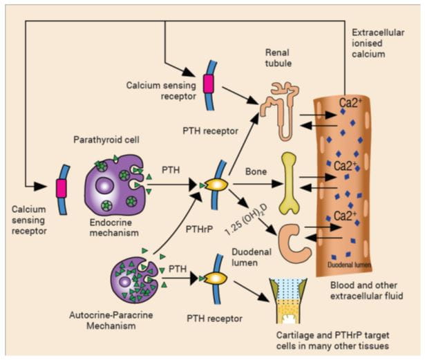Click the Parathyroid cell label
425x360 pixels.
(x=106, y=140)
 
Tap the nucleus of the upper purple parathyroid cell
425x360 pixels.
(x=104, y=186)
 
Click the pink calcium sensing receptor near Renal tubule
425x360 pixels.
(x=209, y=84)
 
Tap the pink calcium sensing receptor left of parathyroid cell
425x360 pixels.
(x=61, y=188)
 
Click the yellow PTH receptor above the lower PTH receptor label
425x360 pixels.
(x=216, y=278)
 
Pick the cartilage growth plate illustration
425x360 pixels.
(x=288, y=301)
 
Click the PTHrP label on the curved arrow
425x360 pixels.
(x=199, y=229)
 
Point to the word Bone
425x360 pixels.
(x=256, y=171)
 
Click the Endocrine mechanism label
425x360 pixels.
(x=114, y=227)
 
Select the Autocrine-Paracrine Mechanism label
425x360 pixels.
(x=111, y=320)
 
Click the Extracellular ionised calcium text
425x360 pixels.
(x=378, y=43)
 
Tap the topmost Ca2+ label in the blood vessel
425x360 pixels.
(x=350, y=103)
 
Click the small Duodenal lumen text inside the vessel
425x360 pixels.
(x=349, y=265)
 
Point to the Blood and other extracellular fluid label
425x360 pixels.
(x=366, y=290)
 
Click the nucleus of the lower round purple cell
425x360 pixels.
(x=125, y=282)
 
